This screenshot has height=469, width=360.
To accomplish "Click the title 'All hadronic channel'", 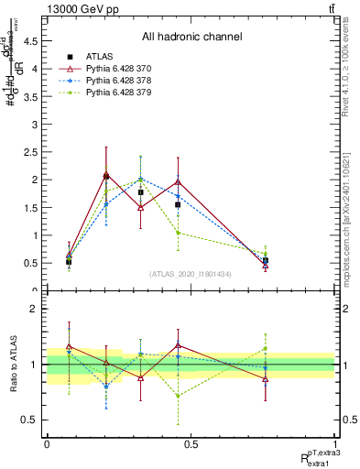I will [x=191, y=37].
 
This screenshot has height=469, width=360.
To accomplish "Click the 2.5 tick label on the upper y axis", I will [x=35, y=151].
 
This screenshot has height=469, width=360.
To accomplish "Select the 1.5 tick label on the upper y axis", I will [x=35, y=207].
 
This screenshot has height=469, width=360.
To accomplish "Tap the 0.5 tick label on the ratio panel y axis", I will [x=35, y=420].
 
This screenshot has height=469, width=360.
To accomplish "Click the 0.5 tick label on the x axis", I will [x=191, y=444].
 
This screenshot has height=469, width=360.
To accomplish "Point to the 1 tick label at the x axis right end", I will [x=334, y=444].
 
